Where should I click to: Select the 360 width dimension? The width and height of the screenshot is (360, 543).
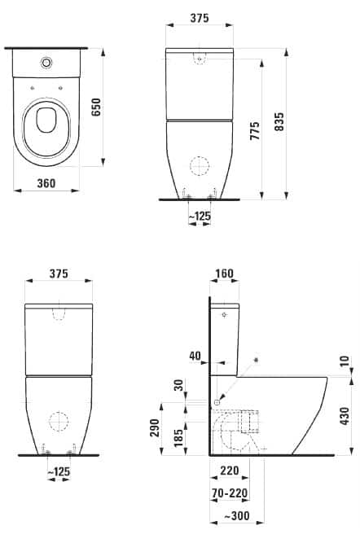pos(46,183)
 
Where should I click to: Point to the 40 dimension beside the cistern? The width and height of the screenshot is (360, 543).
pos(193,355)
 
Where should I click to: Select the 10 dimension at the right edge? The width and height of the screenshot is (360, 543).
pos(347,361)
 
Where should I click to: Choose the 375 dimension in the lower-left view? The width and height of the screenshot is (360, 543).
pos(59,274)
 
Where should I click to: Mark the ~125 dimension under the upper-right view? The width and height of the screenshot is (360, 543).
pos(200,216)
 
